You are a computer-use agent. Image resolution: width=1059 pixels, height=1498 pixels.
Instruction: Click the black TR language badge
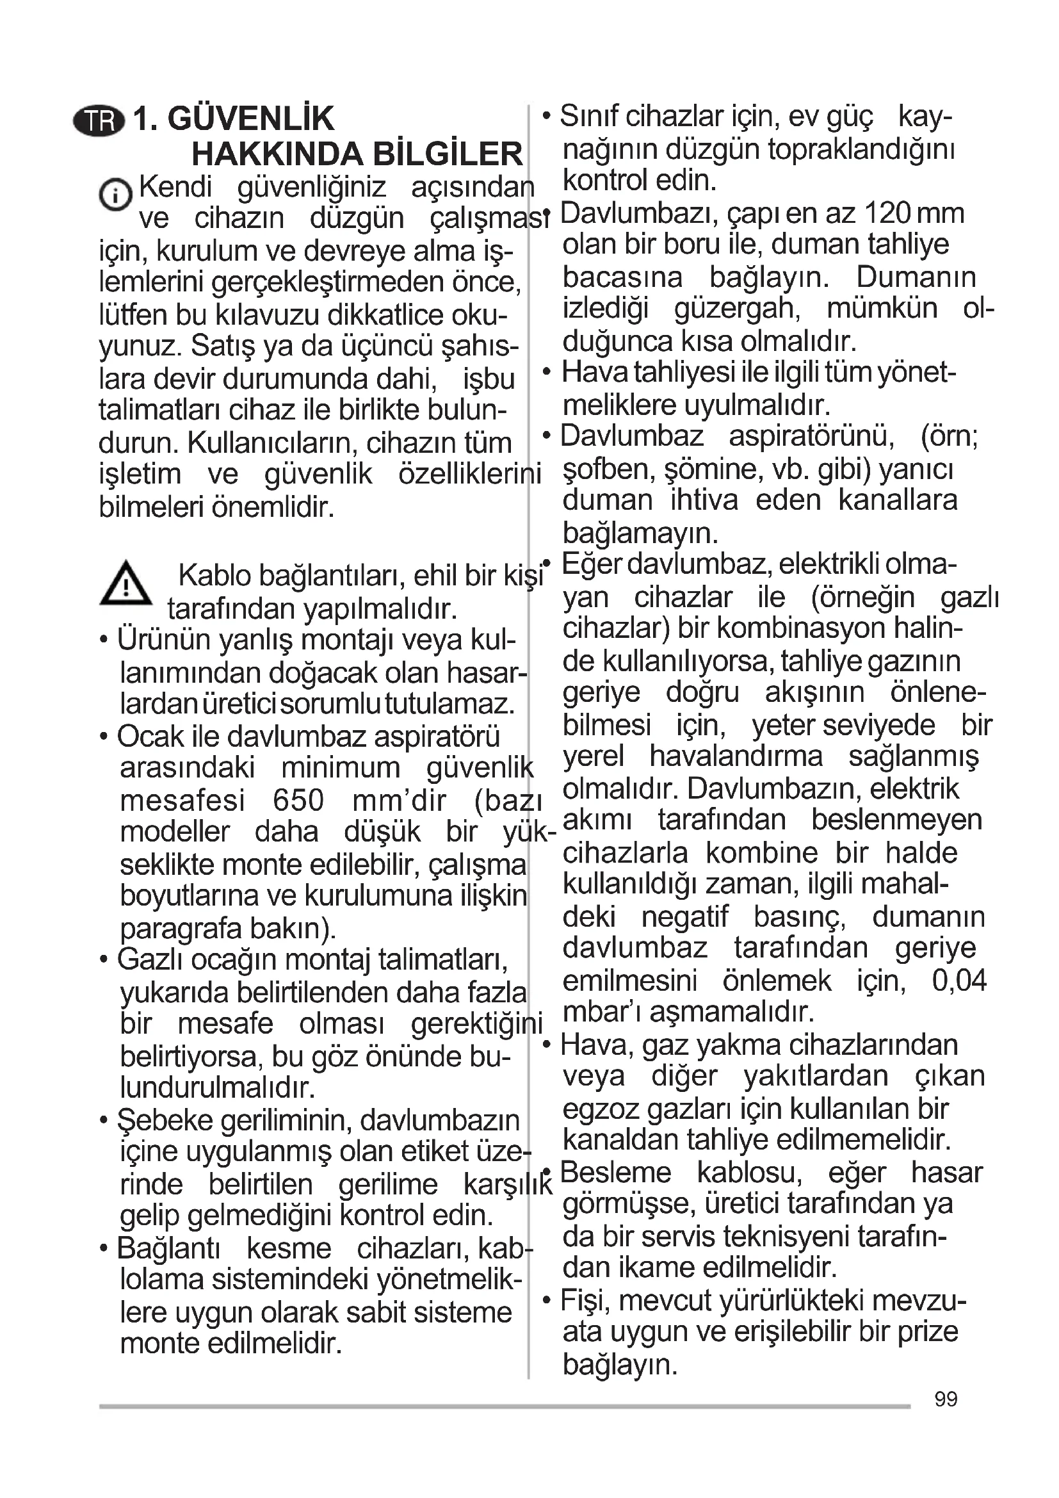(99, 121)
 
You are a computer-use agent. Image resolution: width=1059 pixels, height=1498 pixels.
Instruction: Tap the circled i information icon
(115, 195)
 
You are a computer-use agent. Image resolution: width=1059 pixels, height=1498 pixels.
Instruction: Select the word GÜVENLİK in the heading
(250, 118)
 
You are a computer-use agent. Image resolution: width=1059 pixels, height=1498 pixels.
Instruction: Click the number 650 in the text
(298, 801)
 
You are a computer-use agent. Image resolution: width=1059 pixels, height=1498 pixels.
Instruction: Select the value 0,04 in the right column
(959, 981)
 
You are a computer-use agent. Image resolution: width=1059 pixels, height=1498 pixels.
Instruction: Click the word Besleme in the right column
(615, 1173)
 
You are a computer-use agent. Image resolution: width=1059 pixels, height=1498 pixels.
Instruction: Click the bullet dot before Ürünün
(104, 640)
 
